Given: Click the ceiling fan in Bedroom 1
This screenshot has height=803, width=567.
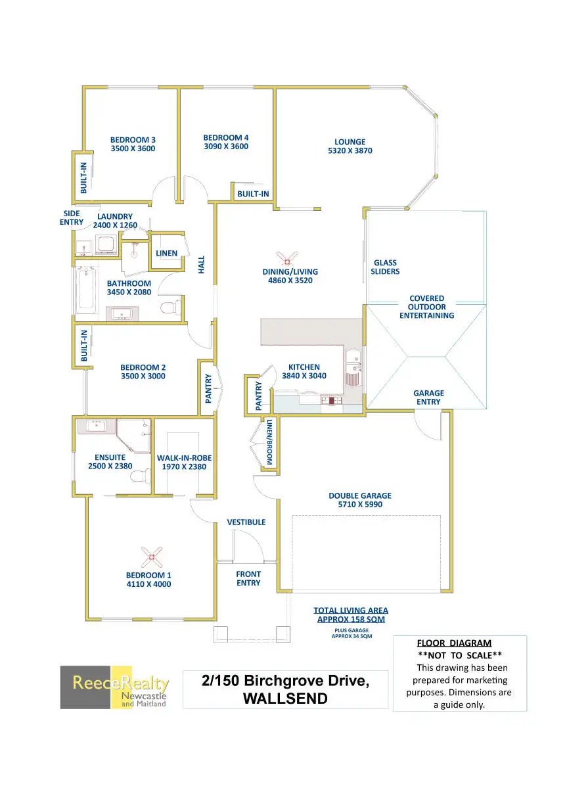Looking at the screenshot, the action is point(152,557).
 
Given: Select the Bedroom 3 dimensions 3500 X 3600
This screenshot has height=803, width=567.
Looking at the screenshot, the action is point(133,149).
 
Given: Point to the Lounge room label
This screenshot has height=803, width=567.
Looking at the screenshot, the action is point(350,142).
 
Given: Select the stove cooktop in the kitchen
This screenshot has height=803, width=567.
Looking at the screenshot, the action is point(331,400).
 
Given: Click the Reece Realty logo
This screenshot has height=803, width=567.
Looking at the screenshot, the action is point(114,687).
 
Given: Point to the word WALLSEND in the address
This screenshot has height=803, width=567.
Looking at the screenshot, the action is point(285,699).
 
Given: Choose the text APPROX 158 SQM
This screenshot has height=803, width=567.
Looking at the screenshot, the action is point(351,619).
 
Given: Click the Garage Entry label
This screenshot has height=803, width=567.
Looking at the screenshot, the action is point(428,398).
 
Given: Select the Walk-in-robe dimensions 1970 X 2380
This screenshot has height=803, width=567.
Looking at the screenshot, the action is point(184,467).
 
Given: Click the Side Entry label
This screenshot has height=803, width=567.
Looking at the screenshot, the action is point(72,218).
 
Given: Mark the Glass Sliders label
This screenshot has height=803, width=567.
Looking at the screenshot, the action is point(385,267).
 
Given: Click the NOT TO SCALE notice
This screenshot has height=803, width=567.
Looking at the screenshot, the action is point(459,655).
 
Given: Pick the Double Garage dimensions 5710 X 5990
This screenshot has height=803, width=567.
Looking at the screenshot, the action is point(360,505).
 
